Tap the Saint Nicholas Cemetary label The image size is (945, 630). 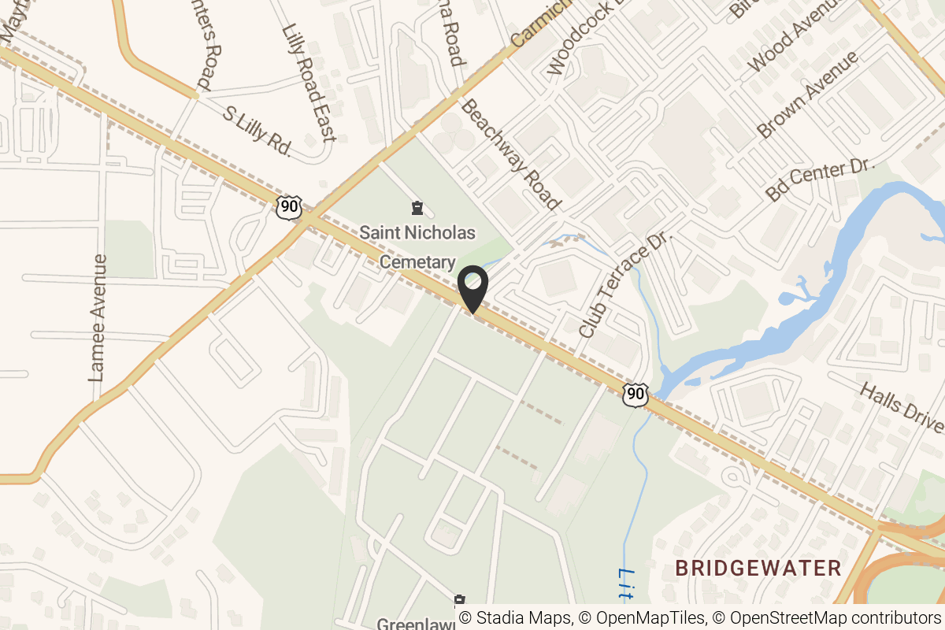tap(417, 246)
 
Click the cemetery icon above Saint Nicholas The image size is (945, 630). tap(417, 209)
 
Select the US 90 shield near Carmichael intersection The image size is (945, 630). tap(289, 207)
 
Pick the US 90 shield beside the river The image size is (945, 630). tap(635, 395)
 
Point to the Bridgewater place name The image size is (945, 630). tap(758, 568)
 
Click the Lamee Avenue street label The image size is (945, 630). tap(98, 318)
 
